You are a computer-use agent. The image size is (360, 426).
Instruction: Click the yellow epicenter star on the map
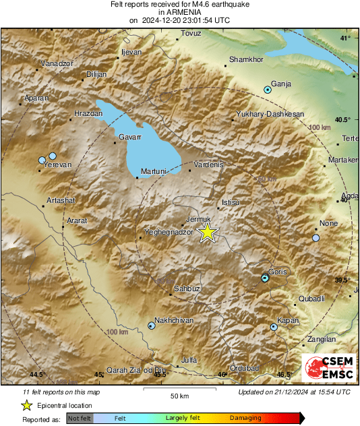coord(208,233)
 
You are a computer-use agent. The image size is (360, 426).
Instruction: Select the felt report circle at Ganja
coord(268,89)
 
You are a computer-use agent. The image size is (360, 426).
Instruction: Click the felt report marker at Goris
coord(266,278)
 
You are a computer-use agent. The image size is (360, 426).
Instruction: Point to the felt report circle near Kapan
coord(274,328)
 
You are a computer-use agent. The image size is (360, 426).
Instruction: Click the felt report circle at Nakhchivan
coord(151,326)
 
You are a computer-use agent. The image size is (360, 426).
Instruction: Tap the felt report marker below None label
coord(316,238)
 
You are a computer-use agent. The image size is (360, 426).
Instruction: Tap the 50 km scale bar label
coord(179,395)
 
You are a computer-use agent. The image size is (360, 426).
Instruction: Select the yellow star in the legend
coord(26,405)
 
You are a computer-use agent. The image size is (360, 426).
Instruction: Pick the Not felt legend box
coord(80,419)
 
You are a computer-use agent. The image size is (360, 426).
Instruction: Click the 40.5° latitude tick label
coord(343,120)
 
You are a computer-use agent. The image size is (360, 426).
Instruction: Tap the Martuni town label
coord(153,172)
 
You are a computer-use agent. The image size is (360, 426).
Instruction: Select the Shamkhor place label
coord(245,60)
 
